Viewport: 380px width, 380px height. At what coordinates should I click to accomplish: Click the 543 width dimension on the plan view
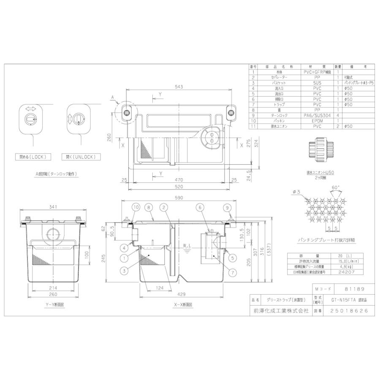(179, 87)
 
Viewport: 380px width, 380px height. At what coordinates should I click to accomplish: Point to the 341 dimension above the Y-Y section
(53, 207)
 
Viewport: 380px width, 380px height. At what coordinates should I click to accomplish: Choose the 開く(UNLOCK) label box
(81, 157)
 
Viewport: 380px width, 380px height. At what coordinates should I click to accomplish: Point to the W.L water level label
(188, 245)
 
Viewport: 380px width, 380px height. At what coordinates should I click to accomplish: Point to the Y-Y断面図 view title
(53, 304)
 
